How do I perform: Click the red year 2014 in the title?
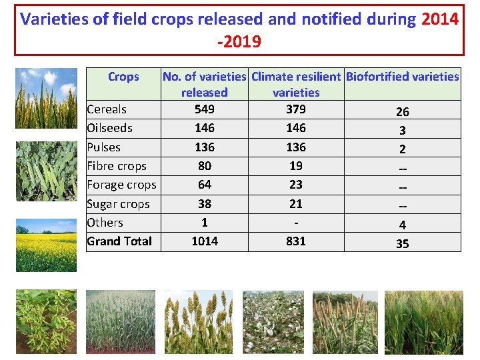pyautogui.click(x=440, y=19)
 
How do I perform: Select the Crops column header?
pyautogui.click(x=123, y=77)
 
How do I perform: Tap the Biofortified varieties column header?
pyautogui.click(x=402, y=77)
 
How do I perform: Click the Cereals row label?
pyautogui.click(x=107, y=109)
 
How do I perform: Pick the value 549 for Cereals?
pyautogui.click(x=204, y=109)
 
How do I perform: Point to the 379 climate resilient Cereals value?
pyautogui.click(x=295, y=109)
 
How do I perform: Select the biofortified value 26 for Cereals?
pyautogui.click(x=402, y=112)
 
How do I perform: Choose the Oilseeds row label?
pyautogui.click(x=109, y=128)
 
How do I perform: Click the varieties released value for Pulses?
pyautogui.click(x=204, y=147)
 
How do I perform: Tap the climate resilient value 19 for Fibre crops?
pyautogui.click(x=295, y=166)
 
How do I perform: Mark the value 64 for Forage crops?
pyautogui.click(x=204, y=185)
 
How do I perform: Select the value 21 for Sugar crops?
pyautogui.click(x=295, y=204)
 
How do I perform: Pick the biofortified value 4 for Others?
pyautogui.click(x=402, y=225)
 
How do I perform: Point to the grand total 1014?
pyautogui.click(x=204, y=241)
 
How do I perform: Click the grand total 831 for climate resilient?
pyautogui.click(x=295, y=241)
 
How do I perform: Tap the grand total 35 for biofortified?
pyautogui.click(x=402, y=244)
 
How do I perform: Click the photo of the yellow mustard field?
pyautogui.click(x=46, y=245)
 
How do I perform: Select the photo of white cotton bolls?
pyautogui.click(x=273, y=322)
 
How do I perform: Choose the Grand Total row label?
pyautogui.click(x=119, y=241)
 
